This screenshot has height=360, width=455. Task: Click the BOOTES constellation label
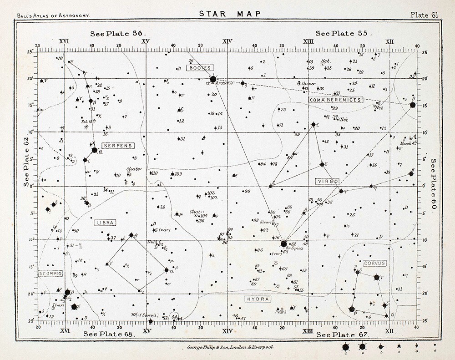click(x=199, y=68)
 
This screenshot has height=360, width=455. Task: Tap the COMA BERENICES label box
click(x=335, y=100)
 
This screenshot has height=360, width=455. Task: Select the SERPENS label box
click(x=117, y=146)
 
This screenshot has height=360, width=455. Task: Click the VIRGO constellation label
click(x=328, y=181)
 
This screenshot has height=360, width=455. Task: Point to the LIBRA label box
click(x=105, y=223)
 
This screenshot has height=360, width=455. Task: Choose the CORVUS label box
click(x=374, y=263)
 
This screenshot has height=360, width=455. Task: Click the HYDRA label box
click(x=258, y=299)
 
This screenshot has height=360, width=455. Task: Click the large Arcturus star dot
click(x=213, y=79)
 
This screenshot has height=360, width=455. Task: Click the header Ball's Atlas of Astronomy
click(x=53, y=15)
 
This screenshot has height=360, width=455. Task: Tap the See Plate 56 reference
click(x=116, y=33)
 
